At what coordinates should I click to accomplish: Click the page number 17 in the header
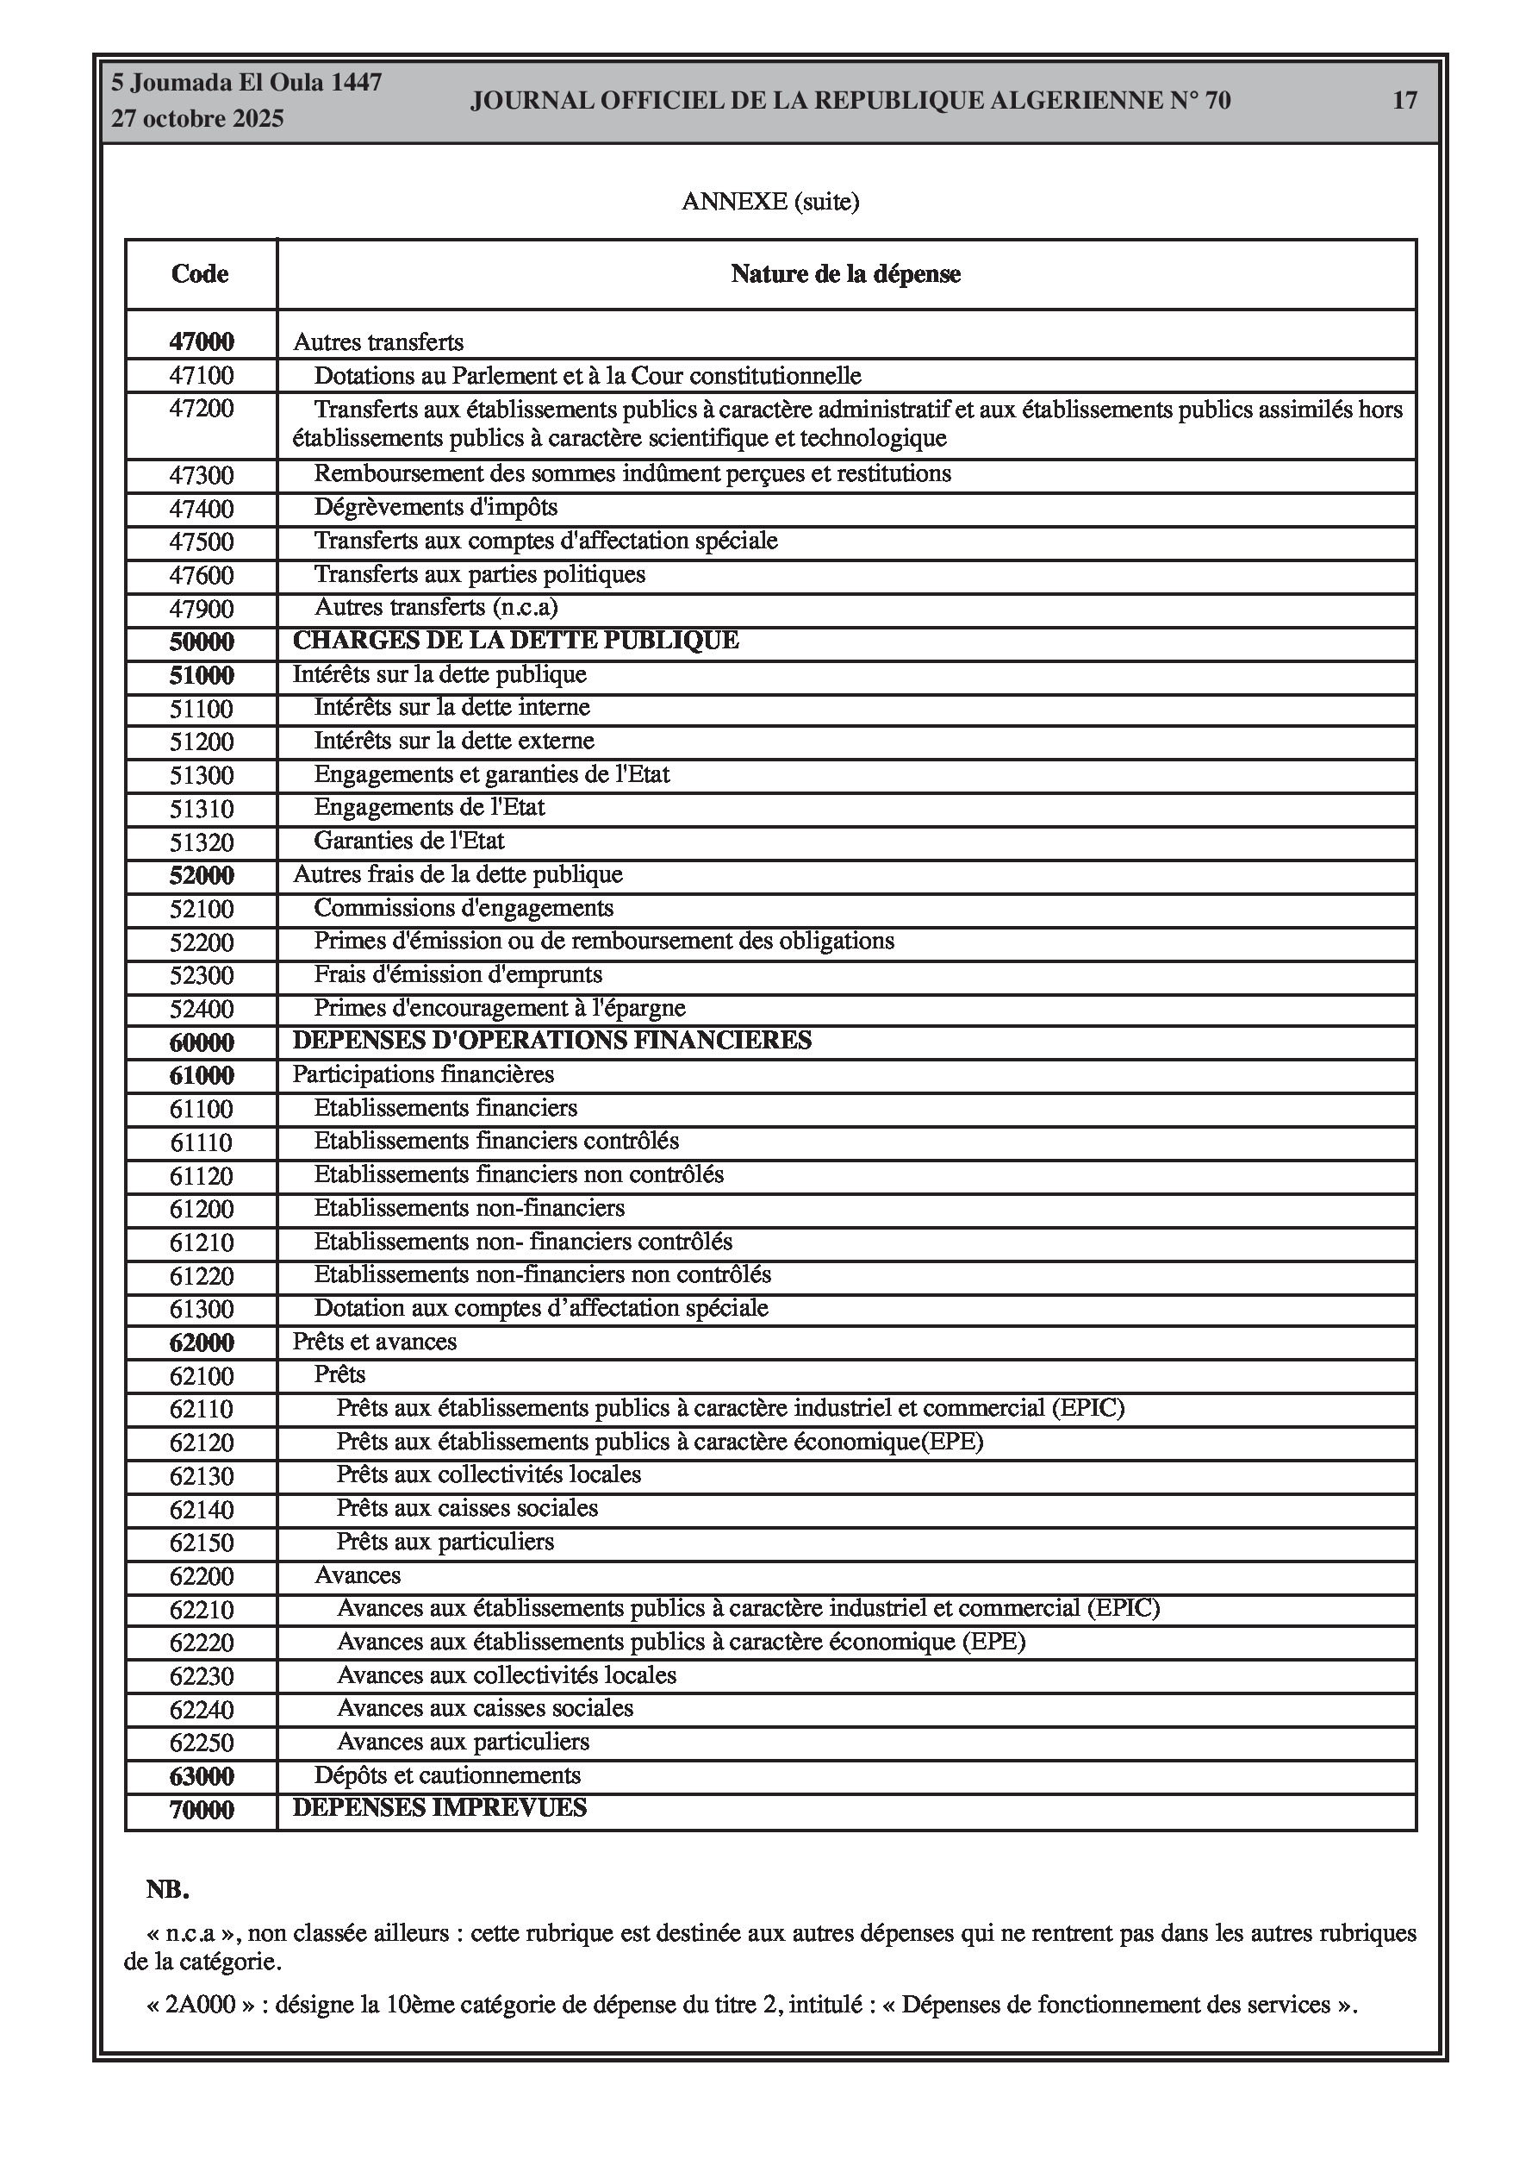point(1404,101)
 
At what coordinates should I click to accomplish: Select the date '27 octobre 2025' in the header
point(197,119)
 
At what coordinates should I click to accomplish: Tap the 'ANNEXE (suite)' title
point(770,201)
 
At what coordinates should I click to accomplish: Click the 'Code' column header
point(200,274)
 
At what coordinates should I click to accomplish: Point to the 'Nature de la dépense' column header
point(845,274)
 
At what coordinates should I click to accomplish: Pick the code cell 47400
point(201,510)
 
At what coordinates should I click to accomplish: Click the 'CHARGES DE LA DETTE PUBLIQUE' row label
point(515,641)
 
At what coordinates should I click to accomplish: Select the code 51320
point(201,842)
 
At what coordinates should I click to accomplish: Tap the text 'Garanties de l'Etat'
point(408,841)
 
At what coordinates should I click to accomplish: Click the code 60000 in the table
point(201,1042)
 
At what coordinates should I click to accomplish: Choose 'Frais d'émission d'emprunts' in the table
point(458,974)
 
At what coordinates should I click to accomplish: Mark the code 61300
point(201,1309)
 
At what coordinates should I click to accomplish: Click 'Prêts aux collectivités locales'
point(489,1474)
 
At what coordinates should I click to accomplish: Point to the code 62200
point(201,1576)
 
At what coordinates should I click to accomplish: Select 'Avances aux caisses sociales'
point(484,1707)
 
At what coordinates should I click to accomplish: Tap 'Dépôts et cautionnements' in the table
point(447,1774)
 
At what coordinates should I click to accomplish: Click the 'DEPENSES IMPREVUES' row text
point(439,1807)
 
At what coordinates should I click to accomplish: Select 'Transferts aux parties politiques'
point(479,574)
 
